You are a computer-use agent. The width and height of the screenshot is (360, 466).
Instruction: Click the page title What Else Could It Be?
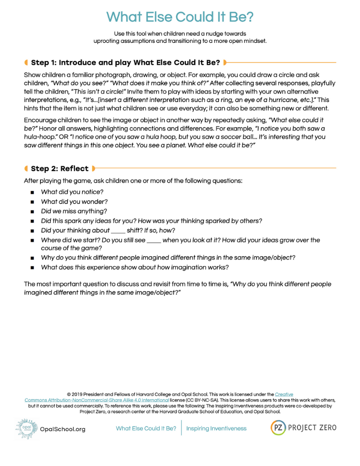(180, 17)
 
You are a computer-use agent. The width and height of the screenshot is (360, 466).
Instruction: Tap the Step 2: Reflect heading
(60, 168)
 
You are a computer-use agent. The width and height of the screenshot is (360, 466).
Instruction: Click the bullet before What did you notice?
(32, 192)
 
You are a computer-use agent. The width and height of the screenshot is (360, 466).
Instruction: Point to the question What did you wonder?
(74, 202)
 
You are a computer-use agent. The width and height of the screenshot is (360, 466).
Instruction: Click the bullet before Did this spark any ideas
(32, 221)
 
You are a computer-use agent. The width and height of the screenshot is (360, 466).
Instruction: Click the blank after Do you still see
(154, 240)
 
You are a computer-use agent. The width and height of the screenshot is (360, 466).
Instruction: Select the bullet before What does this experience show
(32, 268)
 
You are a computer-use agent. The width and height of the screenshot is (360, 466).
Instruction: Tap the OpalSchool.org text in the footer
(63, 429)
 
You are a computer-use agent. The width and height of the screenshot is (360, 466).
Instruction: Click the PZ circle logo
(278, 428)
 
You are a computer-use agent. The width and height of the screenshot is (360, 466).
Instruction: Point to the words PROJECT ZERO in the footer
(312, 428)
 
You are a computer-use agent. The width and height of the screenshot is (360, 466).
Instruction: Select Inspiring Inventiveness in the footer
(217, 428)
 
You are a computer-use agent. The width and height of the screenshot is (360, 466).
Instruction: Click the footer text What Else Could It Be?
(146, 428)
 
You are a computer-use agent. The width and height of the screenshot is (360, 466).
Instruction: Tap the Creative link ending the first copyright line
(284, 394)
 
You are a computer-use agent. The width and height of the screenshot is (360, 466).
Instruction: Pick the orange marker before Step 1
(27, 62)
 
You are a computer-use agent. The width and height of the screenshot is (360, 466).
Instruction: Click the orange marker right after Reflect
(94, 168)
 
